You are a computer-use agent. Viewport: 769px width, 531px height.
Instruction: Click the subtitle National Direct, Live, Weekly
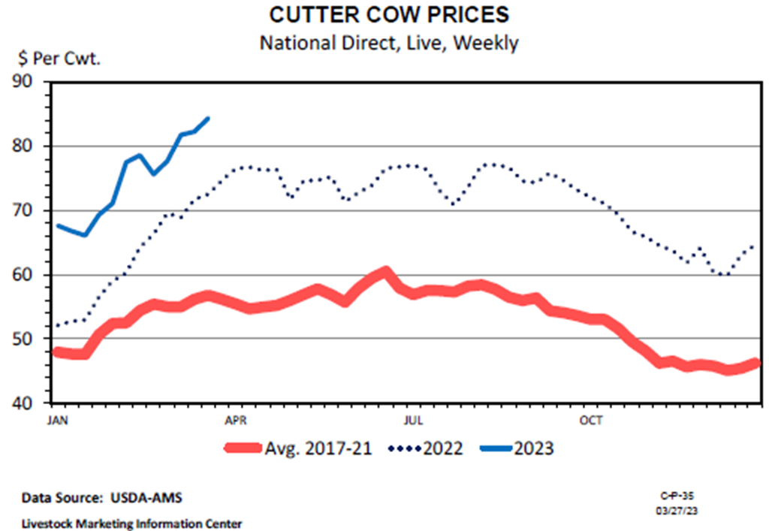(x=388, y=43)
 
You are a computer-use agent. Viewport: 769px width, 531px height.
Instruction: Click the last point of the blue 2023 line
(x=208, y=118)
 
